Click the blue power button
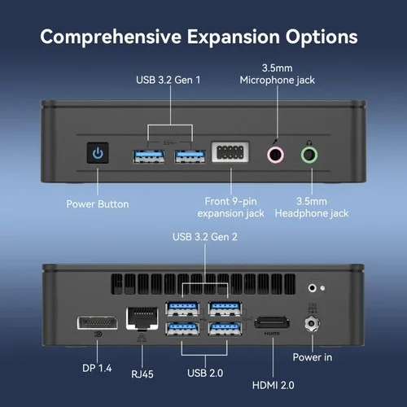click(x=98, y=153)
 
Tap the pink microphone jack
click(x=275, y=155)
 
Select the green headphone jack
click(x=309, y=155)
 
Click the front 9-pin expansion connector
click(x=230, y=152)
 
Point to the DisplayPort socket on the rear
click(x=98, y=323)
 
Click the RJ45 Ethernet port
click(x=142, y=318)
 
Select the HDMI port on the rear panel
click(x=272, y=322)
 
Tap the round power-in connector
click(x=312, y=323)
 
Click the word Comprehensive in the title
click(x=111, y=37)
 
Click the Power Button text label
click(x=98, y=204)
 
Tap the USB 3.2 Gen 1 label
click(x=168, y=80)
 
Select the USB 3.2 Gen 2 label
click(x=205, y=237)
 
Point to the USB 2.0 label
click(x=205, y=373)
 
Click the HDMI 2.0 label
click(x=274, y=385)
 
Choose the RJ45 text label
click(x=142, y=374)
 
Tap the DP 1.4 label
click(x=97, y=368)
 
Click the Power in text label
click(x=313, y=357)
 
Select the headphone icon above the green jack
click(x=309, y=142)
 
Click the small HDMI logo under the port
click(x=272, y=334)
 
